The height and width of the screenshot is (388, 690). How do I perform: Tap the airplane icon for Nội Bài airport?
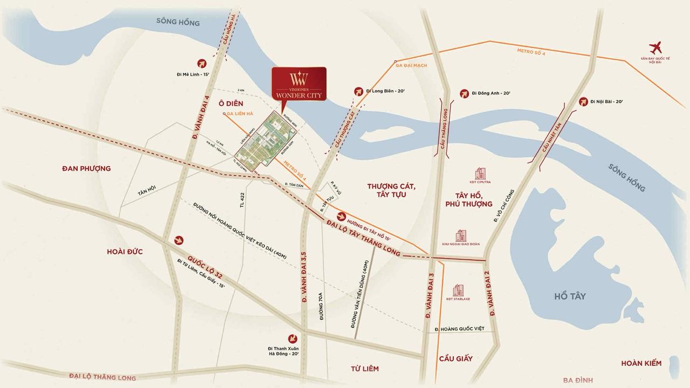656,47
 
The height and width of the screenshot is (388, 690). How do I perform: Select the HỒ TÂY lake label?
569,296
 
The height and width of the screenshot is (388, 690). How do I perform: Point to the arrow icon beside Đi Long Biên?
358,92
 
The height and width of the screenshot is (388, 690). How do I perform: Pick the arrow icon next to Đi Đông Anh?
464,94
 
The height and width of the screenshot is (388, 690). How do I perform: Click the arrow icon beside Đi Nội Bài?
583,101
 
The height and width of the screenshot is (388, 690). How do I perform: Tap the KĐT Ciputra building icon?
480,174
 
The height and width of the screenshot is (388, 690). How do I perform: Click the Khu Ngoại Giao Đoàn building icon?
460,235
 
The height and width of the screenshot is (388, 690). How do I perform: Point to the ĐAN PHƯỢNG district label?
86,169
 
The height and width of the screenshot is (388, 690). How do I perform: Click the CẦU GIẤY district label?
456,358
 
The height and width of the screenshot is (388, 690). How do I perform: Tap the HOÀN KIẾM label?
641,363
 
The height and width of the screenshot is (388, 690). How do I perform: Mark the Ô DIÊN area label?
231,103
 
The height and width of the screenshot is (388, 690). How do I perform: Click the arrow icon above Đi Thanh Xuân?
293,338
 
